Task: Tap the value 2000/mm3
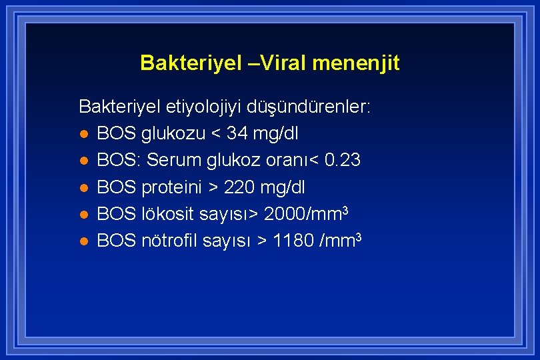pos(307,213)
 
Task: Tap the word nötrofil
pos(171,240)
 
